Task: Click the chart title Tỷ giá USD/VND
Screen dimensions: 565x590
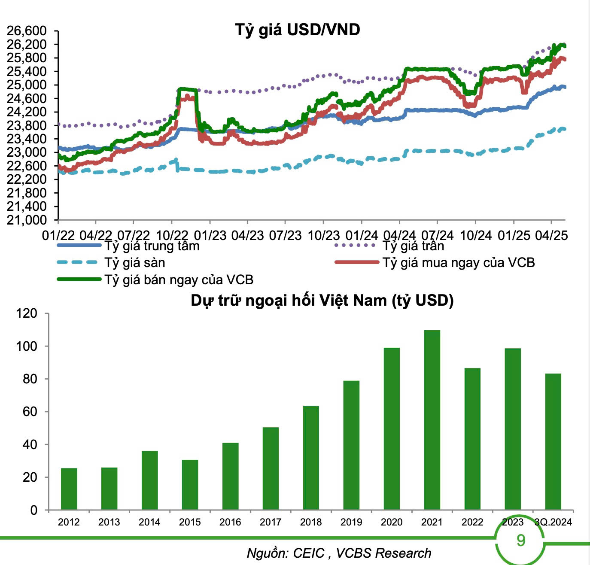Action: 297,30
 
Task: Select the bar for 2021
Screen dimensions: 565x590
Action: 432,419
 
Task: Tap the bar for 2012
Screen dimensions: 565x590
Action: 69,489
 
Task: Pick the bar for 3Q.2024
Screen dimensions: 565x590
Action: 553,441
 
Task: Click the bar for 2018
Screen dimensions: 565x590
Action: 311,458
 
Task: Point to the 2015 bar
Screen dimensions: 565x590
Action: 190,485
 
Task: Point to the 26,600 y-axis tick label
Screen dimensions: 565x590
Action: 27,31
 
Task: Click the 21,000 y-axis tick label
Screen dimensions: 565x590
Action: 27,220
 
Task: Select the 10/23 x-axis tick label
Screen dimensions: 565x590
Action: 324,235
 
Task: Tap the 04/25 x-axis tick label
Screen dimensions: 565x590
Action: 551,235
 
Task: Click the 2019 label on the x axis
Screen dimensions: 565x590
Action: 351,522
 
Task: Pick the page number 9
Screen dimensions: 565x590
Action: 520,540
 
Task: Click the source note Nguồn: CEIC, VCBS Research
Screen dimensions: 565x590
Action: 339,553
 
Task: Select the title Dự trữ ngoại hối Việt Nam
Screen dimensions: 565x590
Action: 322,300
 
